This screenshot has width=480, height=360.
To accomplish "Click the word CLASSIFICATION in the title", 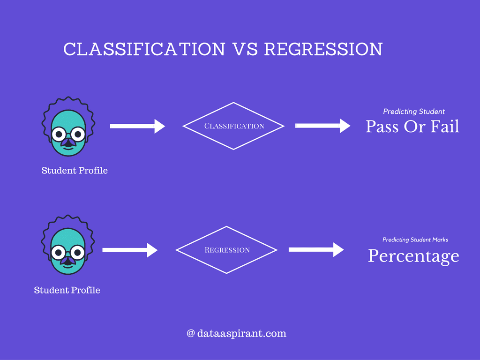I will click(x=144, y=49).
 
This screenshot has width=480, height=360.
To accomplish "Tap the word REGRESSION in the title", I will click(x=323, y=49).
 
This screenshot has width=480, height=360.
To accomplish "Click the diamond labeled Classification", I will click(x=233, y=126).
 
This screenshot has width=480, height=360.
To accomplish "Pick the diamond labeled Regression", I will click(x=227, y=250).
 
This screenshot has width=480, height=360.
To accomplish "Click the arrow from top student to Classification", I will click(x=137, y=126).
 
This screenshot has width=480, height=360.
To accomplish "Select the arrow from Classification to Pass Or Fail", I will click(x=322, y=126).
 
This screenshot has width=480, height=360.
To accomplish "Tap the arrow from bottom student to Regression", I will click(x=129, y=250).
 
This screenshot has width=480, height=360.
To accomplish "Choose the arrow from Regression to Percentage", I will click(x=316, y=250).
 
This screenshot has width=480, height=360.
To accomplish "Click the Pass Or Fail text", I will click(x=412, y=127).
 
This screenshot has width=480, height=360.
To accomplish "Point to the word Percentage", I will click(x=413, y=256).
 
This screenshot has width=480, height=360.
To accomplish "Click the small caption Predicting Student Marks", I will click(x=415, y=240).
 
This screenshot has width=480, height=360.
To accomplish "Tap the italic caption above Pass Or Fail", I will click(x=414, y=112).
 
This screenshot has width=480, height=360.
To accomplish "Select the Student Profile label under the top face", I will click(x=75, y=171).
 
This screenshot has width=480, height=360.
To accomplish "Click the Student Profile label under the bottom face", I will click(x=67, y=290).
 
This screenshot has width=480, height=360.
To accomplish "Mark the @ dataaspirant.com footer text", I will click(x=236, y=334).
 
